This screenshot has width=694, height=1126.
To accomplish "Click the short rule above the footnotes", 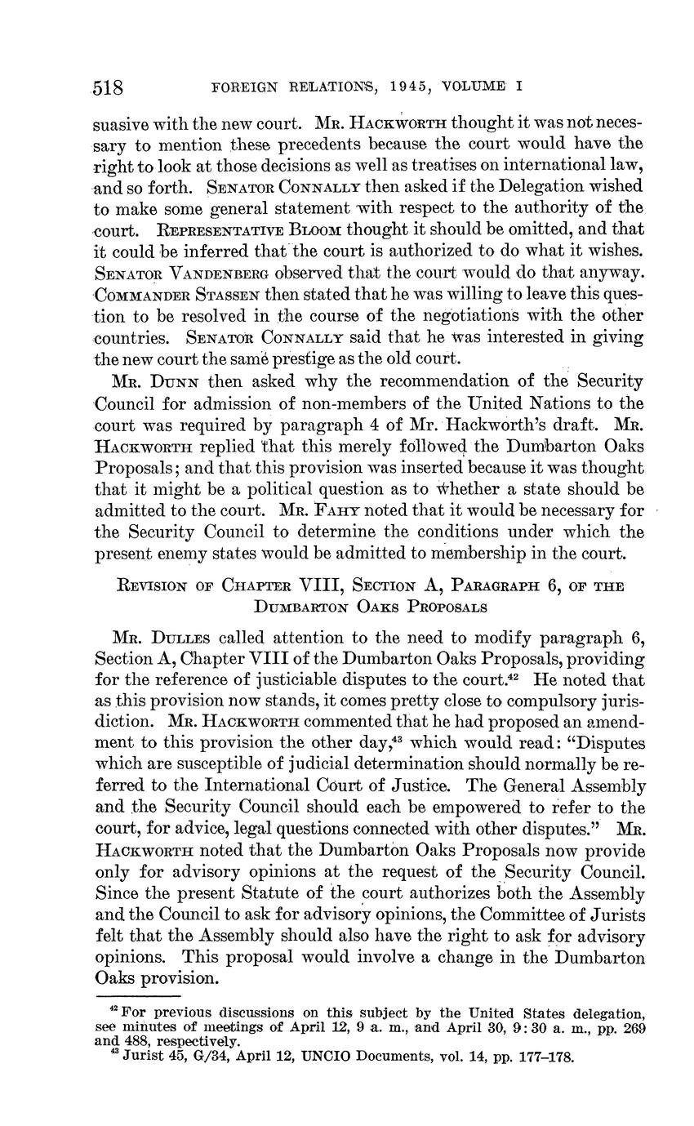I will pyautogui.click(x=137, y=996).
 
